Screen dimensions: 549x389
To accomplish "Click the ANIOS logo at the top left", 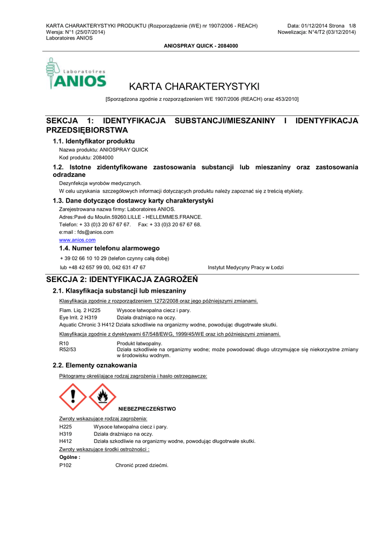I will point(76,74).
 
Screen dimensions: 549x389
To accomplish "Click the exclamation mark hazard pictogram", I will point(72,397).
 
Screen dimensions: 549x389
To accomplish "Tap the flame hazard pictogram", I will point(102,397).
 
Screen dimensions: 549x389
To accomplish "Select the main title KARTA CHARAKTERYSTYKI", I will point(194,86).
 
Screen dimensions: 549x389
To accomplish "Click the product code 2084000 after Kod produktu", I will point(103,158).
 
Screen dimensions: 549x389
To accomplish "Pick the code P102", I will point(65,465).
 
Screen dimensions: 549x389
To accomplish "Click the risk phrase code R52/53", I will point(67,349).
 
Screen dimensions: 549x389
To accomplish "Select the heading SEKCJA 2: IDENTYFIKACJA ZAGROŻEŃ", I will point(122,279).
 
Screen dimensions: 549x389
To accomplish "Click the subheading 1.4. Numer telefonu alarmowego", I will point(109,248).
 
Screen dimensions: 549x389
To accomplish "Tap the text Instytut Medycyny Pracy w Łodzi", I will point(246,267).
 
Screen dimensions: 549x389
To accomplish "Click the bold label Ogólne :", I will point(70,457).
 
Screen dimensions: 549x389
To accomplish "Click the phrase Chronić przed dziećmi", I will point(142,465).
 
